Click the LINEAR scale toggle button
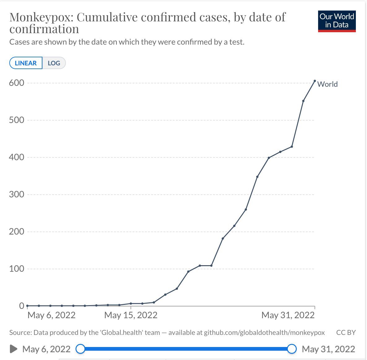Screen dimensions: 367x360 click(26, 63)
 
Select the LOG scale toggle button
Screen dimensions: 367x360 click(54, 63)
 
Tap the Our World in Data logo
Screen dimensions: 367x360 click(337, 21)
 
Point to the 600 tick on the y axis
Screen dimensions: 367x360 click(16, 83)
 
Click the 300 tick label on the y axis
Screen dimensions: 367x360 click(16, 194)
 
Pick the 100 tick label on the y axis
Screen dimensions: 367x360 click(16, 269)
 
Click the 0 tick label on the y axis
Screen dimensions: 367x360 click(22, 305)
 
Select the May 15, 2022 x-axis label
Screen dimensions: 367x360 click(131, 315)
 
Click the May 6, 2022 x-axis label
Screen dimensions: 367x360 click(51, 315)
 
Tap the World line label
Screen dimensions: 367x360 click(327, 84)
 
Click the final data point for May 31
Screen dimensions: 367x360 click(315, 81)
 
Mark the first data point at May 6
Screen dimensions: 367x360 click(27, 305)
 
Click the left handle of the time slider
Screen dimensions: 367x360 click(80, 349)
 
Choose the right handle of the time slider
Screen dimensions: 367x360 click(292, 349)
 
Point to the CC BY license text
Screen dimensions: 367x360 click(346, 332)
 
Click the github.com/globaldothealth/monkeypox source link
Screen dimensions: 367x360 click(264, 332)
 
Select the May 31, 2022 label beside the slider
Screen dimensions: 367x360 click(328, 349)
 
